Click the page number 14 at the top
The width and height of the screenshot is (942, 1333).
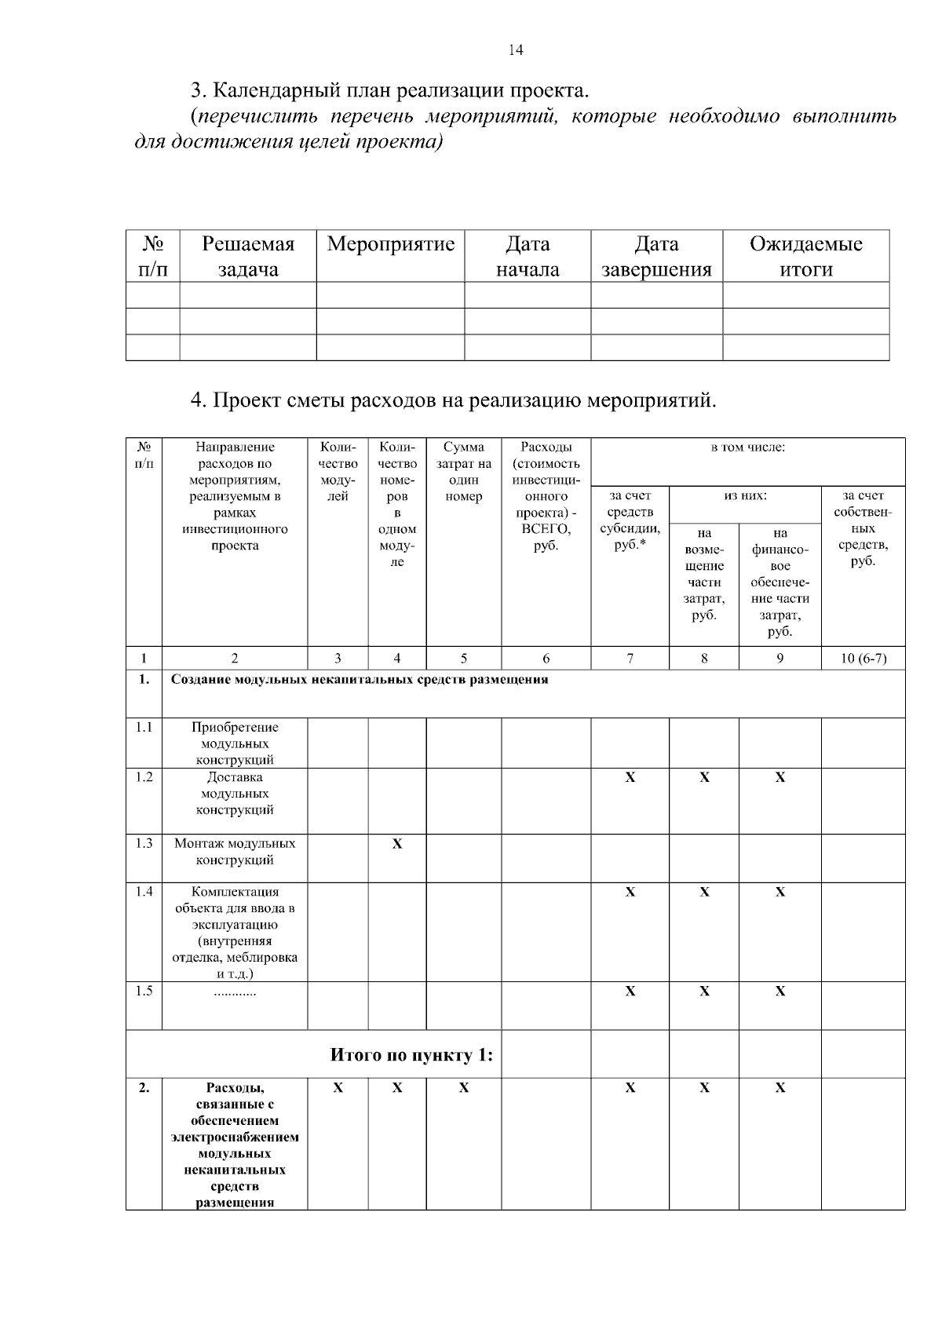(516, 51)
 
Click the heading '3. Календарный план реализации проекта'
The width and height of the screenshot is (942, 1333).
(389, 89)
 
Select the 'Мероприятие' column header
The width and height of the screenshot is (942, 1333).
(390, 244)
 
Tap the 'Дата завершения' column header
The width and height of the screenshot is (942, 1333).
(656, 257)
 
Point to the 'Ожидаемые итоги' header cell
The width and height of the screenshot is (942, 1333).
(805, 257)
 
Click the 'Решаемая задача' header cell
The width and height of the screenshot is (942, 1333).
(248, 257)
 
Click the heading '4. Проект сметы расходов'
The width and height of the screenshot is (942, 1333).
(454, 400)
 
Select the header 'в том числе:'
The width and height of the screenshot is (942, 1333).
(747, 447)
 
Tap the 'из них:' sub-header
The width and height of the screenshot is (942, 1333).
(745, 495)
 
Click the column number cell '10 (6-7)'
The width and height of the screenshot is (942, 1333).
(863, 659)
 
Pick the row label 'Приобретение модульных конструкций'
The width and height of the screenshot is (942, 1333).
(235, 743)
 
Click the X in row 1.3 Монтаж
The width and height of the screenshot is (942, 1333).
(397, 844)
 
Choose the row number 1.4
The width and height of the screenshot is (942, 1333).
(144, 891)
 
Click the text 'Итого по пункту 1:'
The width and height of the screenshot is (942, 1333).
(411, 1054)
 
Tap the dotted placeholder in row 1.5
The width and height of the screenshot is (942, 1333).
(235, 992)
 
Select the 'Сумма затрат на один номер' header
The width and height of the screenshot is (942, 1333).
(463, 472)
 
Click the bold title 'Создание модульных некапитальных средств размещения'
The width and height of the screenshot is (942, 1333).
(360, 680)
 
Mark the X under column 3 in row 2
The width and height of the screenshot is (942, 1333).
(338, 1088)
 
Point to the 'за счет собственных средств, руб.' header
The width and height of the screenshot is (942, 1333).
(863, 528)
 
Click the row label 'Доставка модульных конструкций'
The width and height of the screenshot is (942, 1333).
(235, 793)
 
